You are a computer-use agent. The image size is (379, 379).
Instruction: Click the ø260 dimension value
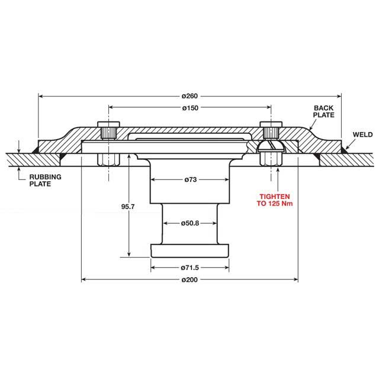(x=189, y=95)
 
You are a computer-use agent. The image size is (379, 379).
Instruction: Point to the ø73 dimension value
(x=189, y=179)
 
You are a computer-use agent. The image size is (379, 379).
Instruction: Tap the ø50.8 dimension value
(x=189, y=223)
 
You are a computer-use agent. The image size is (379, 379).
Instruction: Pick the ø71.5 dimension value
(x=189, y=268)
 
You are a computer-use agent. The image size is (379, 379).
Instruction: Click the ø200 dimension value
(x=189, y=278)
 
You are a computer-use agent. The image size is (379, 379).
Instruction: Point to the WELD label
(x=362, y=134)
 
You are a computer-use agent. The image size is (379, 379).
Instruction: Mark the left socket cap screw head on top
(x=108, y=130)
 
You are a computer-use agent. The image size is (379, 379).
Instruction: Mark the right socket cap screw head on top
(x=271, y=130)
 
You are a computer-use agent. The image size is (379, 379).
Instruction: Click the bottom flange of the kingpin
(x=189, y=250)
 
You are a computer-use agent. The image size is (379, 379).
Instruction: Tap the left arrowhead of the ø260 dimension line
(x=41, y=95)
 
